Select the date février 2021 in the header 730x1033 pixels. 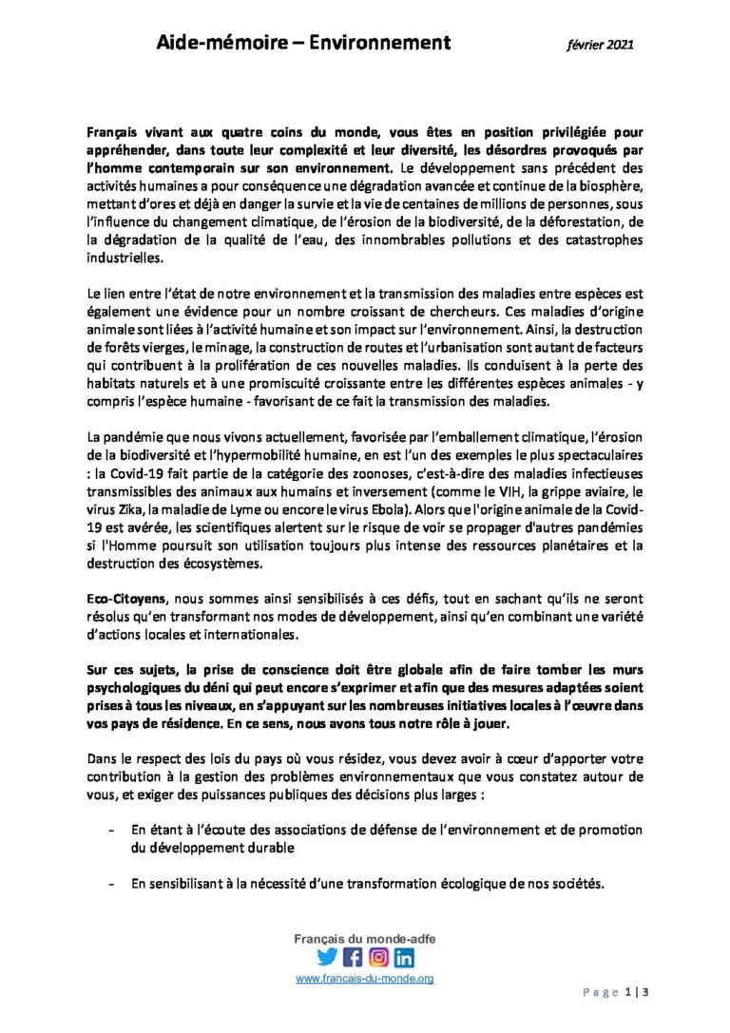pos(601,44)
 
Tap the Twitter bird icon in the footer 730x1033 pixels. pos(327,958)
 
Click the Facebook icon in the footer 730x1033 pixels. pos(353,958)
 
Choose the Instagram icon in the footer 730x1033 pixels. pos(378,958)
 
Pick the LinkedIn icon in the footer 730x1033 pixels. pos(404,958)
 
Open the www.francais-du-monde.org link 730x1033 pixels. pos(365,978)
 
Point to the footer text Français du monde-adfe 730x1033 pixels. pos(365,939)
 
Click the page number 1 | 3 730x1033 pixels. pos(636,993)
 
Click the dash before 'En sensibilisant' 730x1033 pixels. pos(114,885)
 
